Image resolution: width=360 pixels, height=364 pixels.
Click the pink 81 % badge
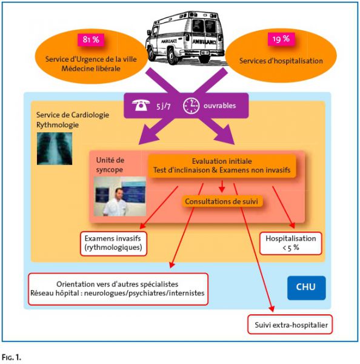[91, 39]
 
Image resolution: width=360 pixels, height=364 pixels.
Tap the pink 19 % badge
[281, 39]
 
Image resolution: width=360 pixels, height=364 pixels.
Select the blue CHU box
[306, 288]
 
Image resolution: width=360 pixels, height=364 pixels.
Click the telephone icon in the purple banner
[141, 105]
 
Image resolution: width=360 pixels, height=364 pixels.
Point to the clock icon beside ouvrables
[191, 106]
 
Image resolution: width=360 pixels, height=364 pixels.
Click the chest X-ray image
[55, 149]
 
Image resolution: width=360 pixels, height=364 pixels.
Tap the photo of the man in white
[120, 197]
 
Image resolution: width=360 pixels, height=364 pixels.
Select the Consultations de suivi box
[222, 201]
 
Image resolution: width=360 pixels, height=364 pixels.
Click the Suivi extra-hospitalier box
[290, 325]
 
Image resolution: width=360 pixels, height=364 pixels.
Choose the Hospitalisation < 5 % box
[291, 243]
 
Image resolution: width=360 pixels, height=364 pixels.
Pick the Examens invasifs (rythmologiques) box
[113, 243]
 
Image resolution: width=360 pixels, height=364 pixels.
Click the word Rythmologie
[58, 125]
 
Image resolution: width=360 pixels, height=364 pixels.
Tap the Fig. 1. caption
[12, 357]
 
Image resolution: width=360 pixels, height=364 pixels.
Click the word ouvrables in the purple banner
[219, 106]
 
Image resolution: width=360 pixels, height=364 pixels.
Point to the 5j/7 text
[163, 106]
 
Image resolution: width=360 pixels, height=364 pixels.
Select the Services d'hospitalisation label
[281, 61]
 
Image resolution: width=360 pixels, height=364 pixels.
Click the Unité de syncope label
[110, 165]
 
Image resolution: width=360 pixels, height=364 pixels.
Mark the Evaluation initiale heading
[222, 161]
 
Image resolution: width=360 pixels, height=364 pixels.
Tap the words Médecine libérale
[91, 69]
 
